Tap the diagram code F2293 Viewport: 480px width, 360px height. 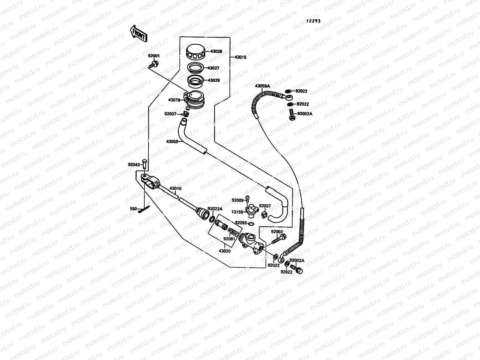pos(313,21)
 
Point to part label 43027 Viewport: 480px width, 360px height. pos(221,68)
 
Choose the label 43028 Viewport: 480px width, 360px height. pos(221,80)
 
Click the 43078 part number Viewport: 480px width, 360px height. pos(174,100)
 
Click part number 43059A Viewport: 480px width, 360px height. pos(262,86)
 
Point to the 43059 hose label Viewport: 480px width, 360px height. pos(172,141)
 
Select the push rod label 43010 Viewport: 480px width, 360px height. pos(175,189)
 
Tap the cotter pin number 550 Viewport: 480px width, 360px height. pos(133,208)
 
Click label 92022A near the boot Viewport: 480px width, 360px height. pos(215,209)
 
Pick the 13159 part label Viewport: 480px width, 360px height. pos(237,212)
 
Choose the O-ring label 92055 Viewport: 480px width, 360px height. pos(241,223)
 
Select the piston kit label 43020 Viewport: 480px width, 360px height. pos(224,251)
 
